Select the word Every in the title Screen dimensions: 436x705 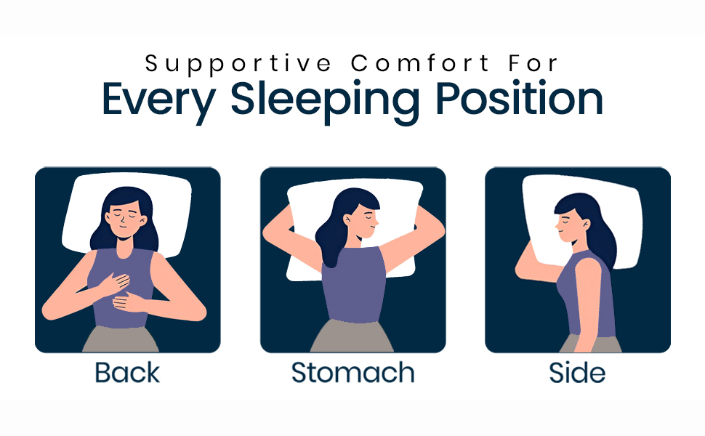pos(156,100)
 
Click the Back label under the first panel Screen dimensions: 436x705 pos(127,373)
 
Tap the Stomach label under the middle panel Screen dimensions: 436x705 pos(352,373)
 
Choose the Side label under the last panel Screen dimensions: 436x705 pos(578,373)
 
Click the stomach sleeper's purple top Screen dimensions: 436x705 pos(354,287)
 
